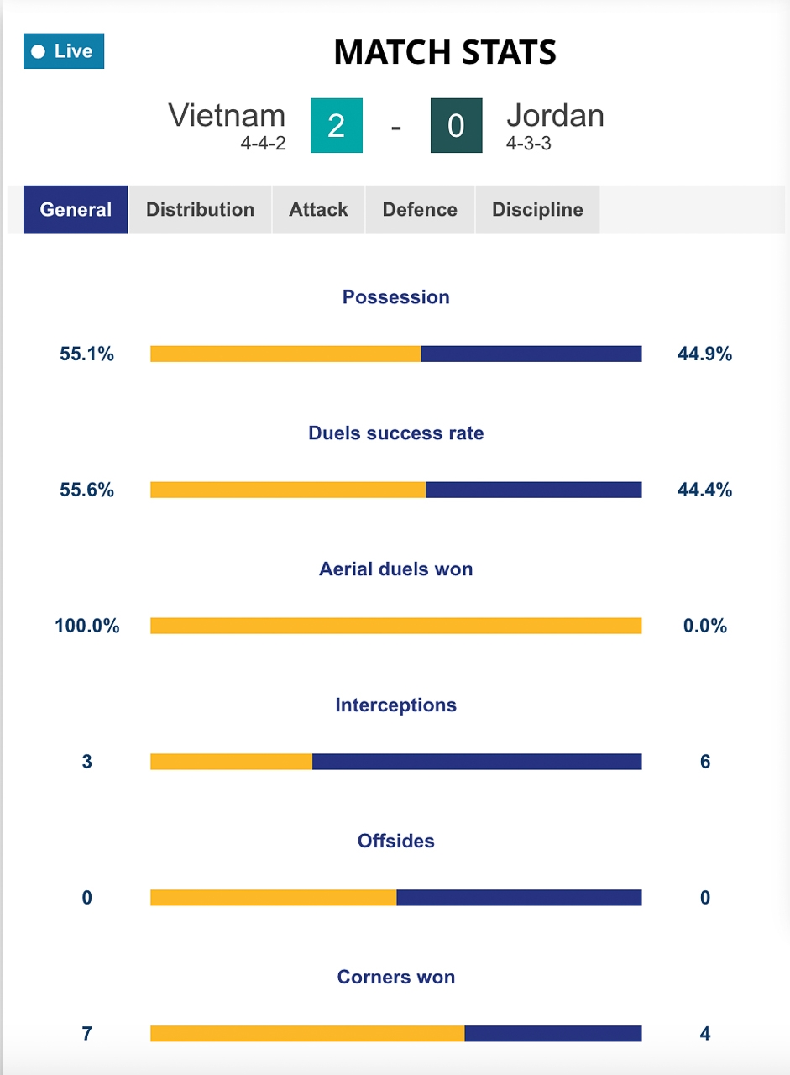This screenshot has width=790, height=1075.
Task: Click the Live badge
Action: pos(64,51)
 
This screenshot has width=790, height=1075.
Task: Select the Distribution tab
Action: pos(200,209)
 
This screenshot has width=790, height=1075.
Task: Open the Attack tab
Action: pos(318,209)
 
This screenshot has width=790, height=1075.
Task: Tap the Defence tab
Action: pos(420,209)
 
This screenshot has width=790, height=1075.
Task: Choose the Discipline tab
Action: pos(537,209)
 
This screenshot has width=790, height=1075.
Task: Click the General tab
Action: pos(76,209)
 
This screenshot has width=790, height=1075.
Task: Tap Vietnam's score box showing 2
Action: pos(336,126)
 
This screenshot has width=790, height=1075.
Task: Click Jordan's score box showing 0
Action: pos(456,126)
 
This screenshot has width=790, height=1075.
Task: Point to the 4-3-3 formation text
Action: pos(528,144)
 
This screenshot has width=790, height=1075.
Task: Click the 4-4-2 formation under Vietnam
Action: pos(263,144)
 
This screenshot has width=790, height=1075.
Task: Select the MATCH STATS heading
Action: pos(445,52)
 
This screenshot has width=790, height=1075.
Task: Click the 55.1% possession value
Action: pos(86,354)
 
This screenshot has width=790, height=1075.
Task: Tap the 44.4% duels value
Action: pos(704,490)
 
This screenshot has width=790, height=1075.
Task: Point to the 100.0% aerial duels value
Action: pos(87,626)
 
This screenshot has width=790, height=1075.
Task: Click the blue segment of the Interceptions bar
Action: pos(477,762)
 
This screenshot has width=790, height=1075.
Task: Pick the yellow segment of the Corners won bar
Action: pos(307,1034)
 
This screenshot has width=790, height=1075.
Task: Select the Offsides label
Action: pos(395,841)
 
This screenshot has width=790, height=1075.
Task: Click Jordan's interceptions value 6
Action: pos(705,762)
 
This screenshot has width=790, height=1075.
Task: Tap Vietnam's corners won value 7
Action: pos(86,1034)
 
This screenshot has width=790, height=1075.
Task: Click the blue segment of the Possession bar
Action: pos(531,354)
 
